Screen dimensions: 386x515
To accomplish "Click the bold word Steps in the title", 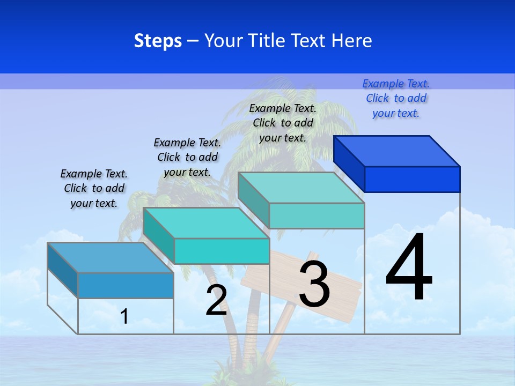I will (158, 41).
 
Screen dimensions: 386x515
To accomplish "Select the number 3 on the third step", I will (314, 285).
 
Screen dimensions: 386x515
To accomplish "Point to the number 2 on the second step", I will (216, 300).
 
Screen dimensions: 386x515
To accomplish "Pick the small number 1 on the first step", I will (124, 316).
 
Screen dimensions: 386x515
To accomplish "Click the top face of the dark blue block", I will (397, 151).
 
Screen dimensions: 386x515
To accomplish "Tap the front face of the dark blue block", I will (412, 179).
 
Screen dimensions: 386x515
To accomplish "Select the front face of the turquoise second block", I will (221, 251).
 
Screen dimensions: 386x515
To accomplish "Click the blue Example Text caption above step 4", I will (396, 99).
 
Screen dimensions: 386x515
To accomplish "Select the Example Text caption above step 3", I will (283, 123).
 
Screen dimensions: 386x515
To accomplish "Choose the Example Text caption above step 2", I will (187, 157).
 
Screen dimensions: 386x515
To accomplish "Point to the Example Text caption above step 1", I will (94, 188).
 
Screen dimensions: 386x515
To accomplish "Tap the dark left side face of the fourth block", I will (349, 164).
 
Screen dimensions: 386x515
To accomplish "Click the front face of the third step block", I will (317, 216).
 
